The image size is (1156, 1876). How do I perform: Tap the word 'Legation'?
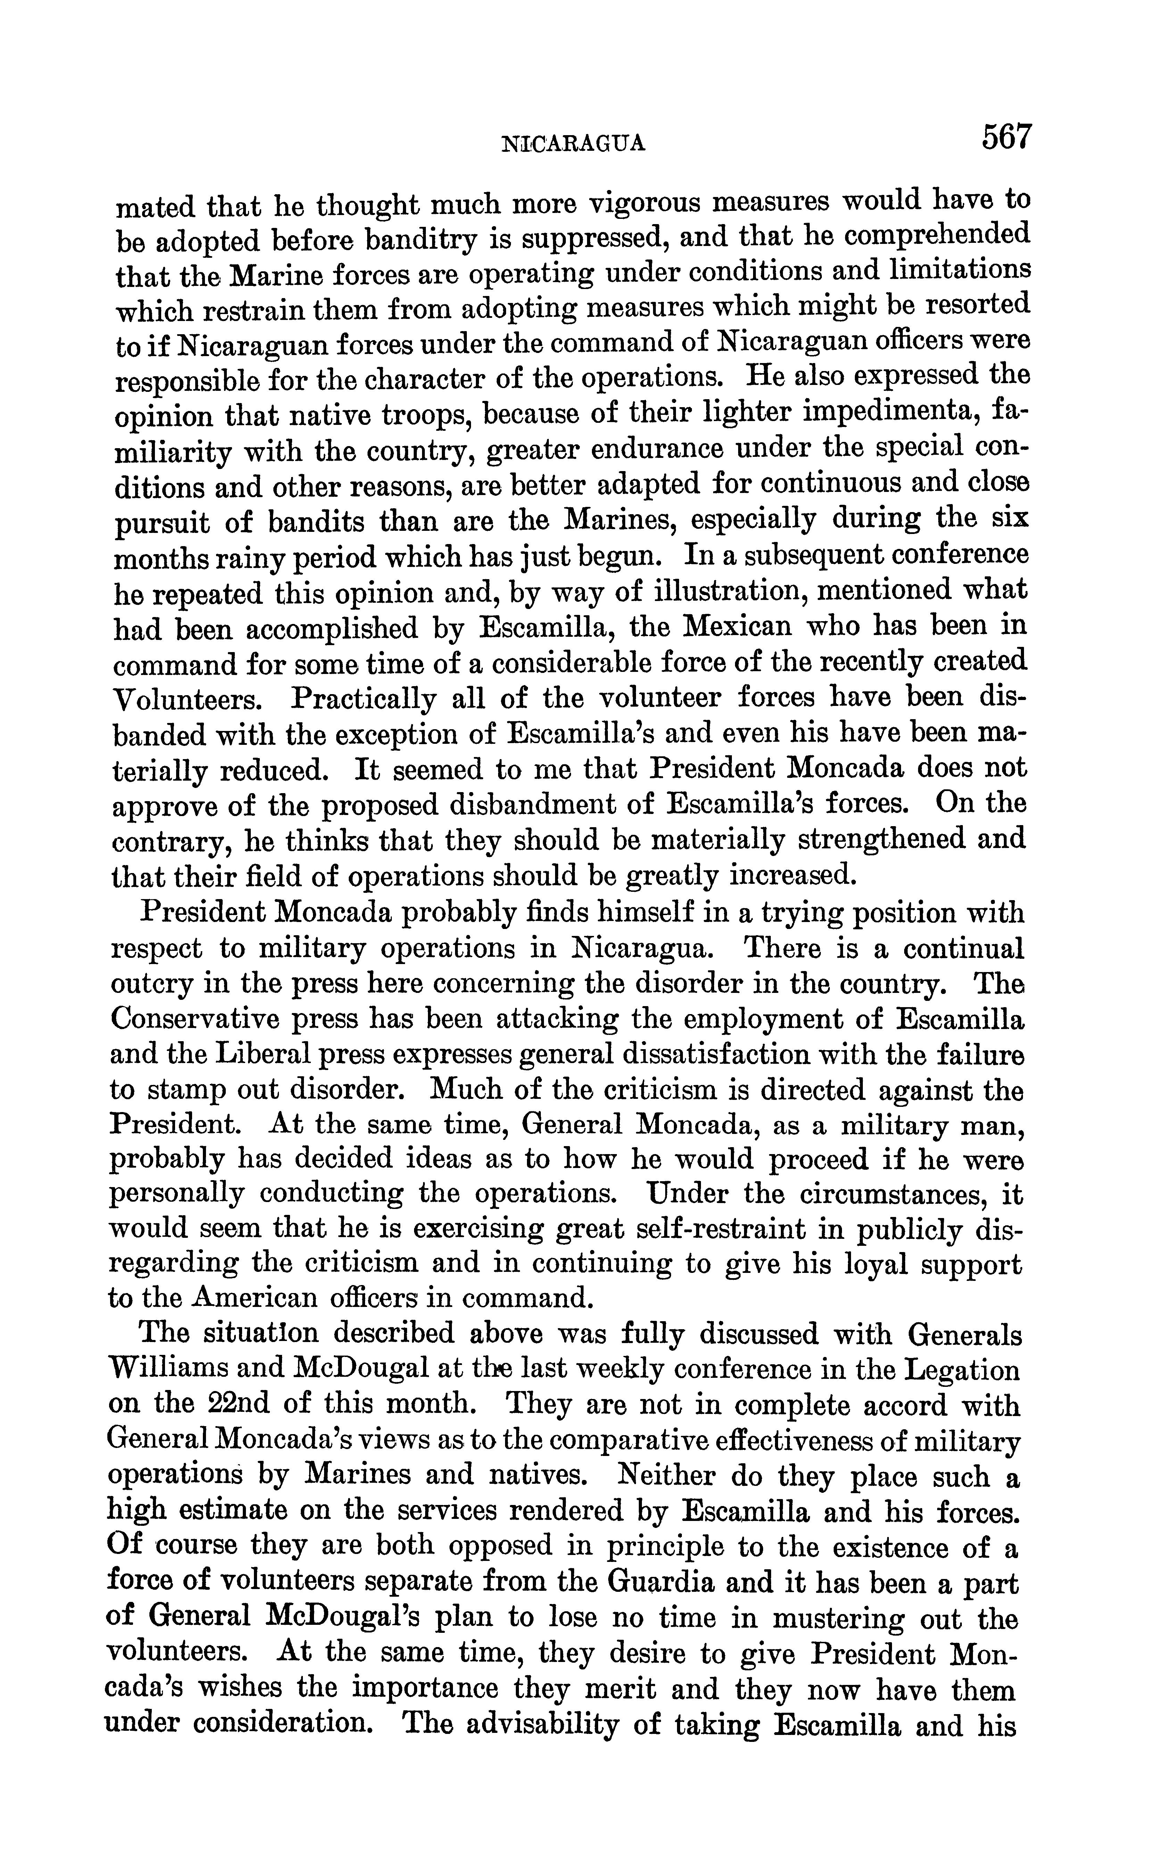(962, 1371)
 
